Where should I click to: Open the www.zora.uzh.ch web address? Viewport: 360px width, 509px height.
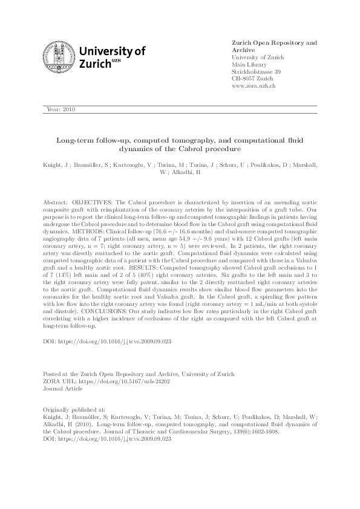pyautogui.click(x=254, y=86)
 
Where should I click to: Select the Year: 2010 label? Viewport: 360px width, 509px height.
pyautogui.click(x=61, y=109)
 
